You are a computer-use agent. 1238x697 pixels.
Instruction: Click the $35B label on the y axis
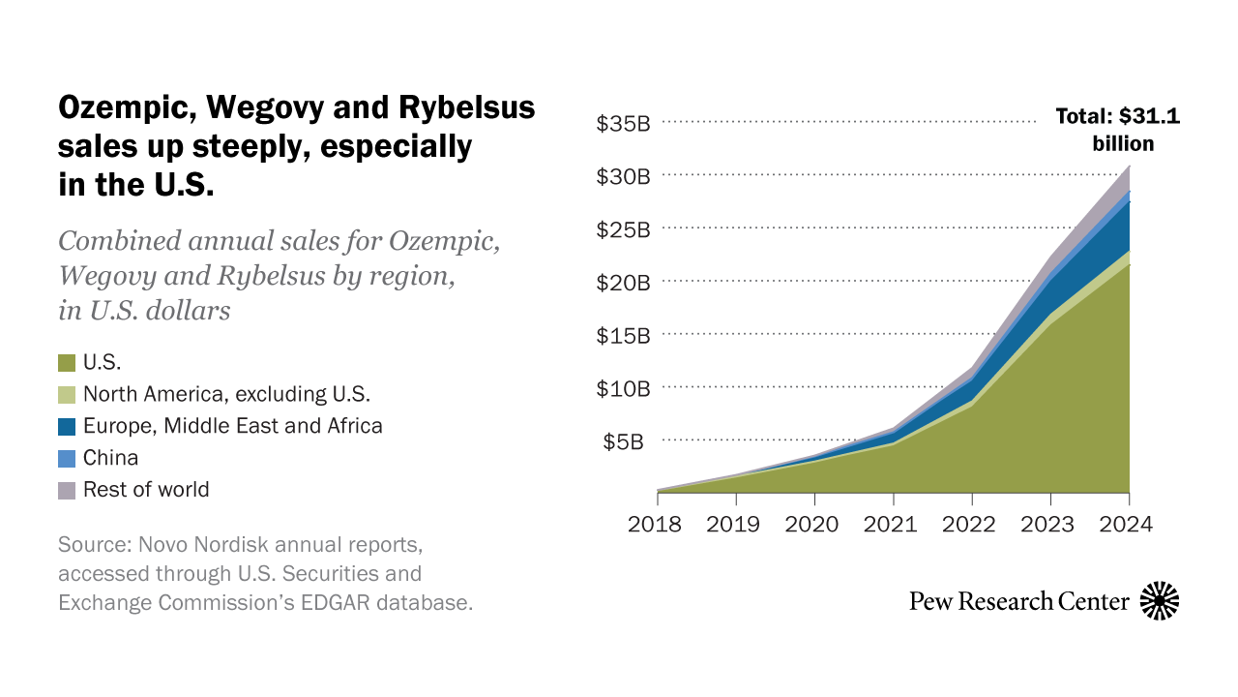click(623, 123)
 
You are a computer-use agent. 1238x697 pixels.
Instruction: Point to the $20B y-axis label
click(623, 283)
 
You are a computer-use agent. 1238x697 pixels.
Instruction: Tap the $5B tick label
click(623, 441)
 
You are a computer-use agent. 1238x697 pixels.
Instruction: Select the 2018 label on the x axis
click(655, 524)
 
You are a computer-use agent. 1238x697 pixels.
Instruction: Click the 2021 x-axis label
click(891, 524)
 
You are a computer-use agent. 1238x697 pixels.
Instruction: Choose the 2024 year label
click(1126, 524)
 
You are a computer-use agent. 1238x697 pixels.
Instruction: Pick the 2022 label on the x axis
click(969, 524)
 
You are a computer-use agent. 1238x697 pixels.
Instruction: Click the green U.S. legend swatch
click(67, 363)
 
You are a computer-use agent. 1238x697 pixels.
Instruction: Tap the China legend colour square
click(67, 459)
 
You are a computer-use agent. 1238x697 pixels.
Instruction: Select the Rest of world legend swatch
click(67, 491)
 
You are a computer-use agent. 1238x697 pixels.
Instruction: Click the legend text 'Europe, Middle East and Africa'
click(233, 426)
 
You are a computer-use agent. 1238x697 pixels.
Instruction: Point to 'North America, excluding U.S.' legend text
click(226, 394)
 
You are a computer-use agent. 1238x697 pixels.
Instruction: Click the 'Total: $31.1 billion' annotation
click(1118, 130)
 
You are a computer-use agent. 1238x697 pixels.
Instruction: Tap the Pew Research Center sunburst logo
click(1160, 601)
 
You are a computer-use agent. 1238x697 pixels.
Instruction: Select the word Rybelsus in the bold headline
click(467, 107)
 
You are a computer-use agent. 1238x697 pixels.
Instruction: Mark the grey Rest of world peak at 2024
click(1129, 166)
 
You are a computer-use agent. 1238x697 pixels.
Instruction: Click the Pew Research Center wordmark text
click(1019, 601)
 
